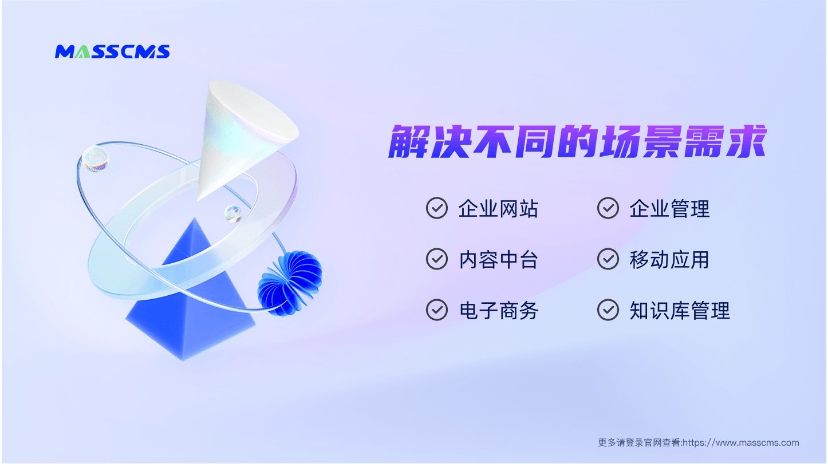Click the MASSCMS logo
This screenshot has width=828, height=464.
coord(112,51)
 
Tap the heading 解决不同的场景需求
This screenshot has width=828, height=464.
coord(577,141)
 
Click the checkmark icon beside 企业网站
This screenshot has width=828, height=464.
coord(437,208)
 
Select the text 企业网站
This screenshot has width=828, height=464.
coord(498,209)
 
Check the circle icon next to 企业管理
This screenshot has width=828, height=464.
coord(608,208)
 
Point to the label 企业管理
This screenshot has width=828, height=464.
coord(669,209)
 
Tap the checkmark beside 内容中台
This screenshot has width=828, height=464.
coord(437,259)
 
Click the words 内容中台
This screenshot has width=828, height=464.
coord(498,260)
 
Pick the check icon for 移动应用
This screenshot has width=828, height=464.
coord(608,259)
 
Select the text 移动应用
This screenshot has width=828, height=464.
coord(669,260)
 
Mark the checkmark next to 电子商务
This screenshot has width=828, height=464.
coord(437,310)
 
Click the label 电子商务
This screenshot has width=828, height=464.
coord(498,311)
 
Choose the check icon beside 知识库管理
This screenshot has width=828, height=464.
coord(608,310)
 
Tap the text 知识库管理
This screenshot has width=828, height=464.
coord(680,311)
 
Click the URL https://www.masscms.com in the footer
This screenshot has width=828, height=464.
coord(741,443)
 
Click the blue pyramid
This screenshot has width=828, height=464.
coord(190,303)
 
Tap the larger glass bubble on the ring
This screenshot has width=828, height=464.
coord(96,159)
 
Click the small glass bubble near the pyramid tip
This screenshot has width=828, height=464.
coord(233,213)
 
